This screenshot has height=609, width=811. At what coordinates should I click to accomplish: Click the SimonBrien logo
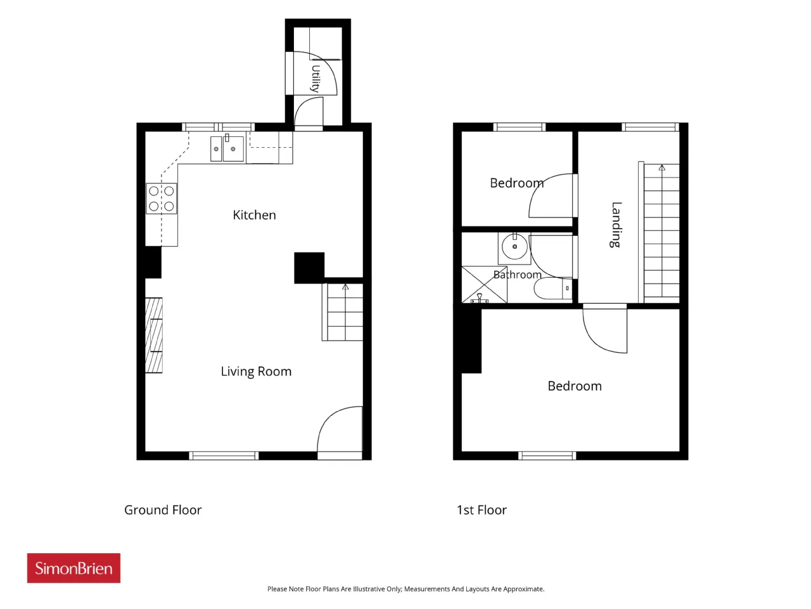click(73, 568)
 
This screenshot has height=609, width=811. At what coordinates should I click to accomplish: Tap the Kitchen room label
click(254, 215)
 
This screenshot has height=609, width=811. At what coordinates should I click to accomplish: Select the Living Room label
click(256, 371)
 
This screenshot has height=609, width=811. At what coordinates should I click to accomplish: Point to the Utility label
click(315, 79)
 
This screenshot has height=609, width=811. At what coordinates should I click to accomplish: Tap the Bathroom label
click(517, 275)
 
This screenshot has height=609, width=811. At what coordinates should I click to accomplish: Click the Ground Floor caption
click(163, 510)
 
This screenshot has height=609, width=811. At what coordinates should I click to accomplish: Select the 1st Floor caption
click(482, 510)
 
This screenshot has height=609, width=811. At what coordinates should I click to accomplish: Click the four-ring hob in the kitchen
click(162, 199)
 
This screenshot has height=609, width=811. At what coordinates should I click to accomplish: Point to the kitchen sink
click(227, 148)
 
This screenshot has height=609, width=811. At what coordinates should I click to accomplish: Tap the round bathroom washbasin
click(514, 246)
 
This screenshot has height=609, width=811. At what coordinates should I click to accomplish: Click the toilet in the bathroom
click(553, 289)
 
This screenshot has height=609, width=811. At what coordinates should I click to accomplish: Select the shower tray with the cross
click(485, 284)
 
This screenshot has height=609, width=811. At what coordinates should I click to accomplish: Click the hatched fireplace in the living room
click(154, 336)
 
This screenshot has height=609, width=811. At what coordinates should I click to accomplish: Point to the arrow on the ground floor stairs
click(345, 287)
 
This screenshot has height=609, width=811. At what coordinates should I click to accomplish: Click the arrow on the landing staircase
click(661, 167)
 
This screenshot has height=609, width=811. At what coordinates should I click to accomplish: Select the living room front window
click(224, 455)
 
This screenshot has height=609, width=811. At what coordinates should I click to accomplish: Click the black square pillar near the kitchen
click(309, 268)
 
